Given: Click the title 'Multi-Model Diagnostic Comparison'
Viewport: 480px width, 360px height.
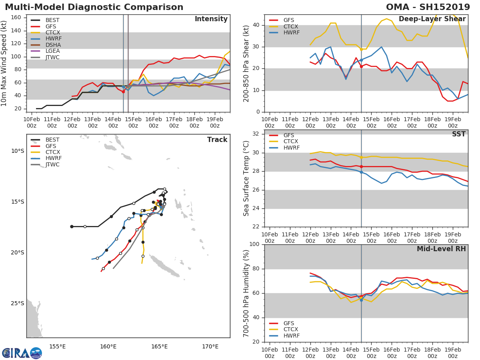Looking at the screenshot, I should [x=94, y=7].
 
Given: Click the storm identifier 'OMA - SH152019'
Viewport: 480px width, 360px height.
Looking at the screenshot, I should [x=428, y=7].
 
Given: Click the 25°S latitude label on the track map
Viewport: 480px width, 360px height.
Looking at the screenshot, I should [x=18, y=303].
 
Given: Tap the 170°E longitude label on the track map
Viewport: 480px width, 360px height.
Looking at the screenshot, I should [x=210, y=346].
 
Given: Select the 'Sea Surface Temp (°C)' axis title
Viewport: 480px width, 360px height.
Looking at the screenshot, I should [x=246, y=178].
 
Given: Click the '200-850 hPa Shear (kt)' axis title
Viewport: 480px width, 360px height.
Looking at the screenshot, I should [x=246, y=63].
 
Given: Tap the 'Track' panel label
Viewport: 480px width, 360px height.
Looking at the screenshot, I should [x=217, y=140].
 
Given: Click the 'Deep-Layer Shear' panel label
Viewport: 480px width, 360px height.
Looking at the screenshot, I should [x=432, y=19].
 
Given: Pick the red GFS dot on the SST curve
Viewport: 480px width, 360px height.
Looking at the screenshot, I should [x=361, y=166].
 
